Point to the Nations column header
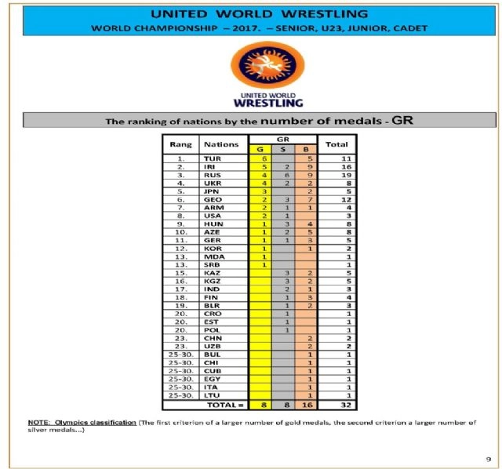[x=221, y=144]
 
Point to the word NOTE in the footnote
[x=36, y=424]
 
